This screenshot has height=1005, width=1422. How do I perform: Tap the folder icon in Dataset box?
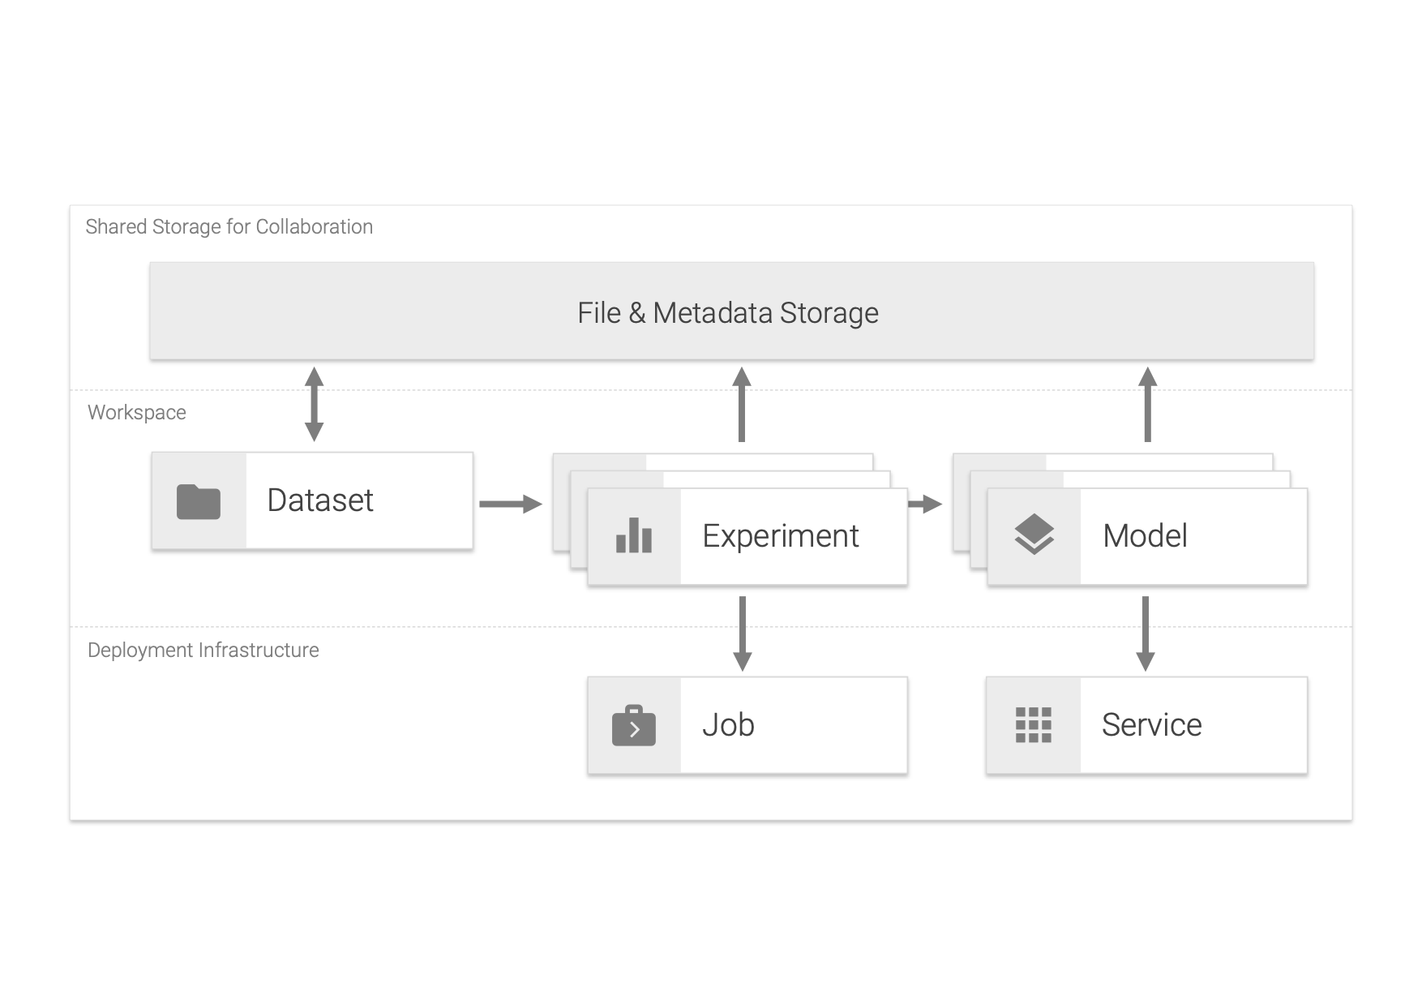click(x=199, y=502)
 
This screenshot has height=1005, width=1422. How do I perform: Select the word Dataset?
click(x=320, y=500)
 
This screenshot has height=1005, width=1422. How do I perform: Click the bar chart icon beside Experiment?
click(x=633, y=536)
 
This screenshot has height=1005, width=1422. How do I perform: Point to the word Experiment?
click(x=780, y=536)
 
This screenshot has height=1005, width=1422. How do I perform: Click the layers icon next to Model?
click(x=1034, y=535)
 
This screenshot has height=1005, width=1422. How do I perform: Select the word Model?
click(x=1145, y=535)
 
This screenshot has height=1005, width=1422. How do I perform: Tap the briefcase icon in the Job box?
click(x=633, y=726)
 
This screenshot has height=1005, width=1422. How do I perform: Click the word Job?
click(x=728, y=724)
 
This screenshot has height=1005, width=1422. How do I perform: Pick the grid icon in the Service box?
click(x=1034, y=724)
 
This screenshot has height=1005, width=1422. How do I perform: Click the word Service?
click(x=1151, y=724)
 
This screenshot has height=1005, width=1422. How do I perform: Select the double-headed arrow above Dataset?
click(x=314, y=404)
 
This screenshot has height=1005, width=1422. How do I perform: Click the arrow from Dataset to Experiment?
click(x=510, y=504)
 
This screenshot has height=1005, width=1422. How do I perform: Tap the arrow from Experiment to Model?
click(x=924, y=504)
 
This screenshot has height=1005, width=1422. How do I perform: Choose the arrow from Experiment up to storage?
click(x=742, y=404)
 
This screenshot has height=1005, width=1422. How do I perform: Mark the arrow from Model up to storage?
click(x=1147, y=404)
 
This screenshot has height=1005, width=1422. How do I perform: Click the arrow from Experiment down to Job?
click(x=742, y=633)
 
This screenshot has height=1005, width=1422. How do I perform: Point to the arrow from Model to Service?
click(x=1145, y=633)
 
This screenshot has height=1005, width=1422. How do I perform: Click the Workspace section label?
click(x=137, y=412)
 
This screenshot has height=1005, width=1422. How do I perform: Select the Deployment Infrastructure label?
click(x=203, y=650)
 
